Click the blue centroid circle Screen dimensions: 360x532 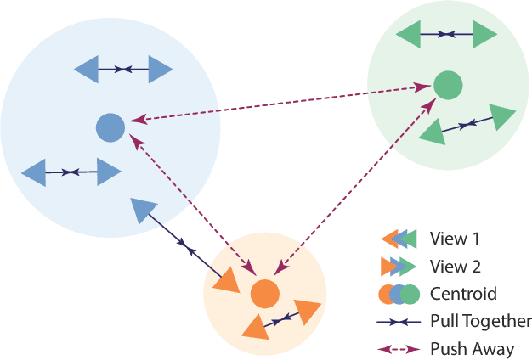(x=110, y=128)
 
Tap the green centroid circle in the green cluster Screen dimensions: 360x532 (x=448, y=85)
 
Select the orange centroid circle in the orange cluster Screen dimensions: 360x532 (x=265, y=295)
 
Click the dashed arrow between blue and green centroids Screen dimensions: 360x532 (x=280, y=105)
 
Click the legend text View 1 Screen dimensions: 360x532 (x=454, y=239)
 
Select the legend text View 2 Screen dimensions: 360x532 (x=454, y=267)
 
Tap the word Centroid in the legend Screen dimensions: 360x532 (x=463, y=294)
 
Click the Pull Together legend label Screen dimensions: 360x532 (x=480, y=321)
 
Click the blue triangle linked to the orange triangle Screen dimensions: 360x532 (x=144, y=209)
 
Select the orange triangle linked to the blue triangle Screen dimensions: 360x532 (x=227, y=279)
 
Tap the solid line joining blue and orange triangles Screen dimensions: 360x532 (x=185, y=245)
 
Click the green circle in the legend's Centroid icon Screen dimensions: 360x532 (x=411, y=295)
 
